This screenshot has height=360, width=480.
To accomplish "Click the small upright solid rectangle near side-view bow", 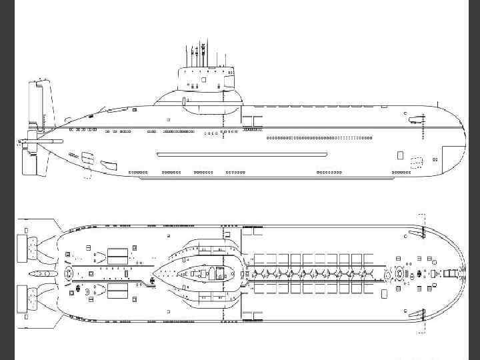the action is pos(400,155).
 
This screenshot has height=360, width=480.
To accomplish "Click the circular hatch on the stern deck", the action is pos(70,273).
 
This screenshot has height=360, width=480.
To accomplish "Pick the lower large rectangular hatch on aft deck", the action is pos(117,291).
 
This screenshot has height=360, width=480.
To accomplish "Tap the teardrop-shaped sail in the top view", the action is pos(197,273).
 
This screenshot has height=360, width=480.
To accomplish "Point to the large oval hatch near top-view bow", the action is pos(402,273).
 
